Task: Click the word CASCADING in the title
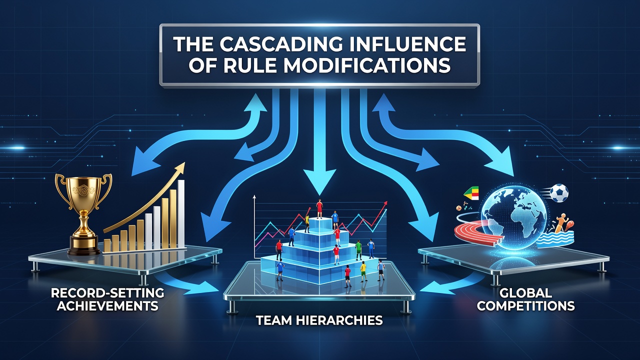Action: pyautogui.click(x=278, y=44)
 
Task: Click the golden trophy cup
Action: pyautogui.click(x=83, y=214)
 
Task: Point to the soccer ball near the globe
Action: pyautogui.click(x=559, y=193)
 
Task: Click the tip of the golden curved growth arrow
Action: pyautogui.click(x=183, y=163)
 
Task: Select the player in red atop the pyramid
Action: pyautogui.click(x=319, y=208)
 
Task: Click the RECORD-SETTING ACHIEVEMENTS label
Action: pyautogui.click(x=107, y=299)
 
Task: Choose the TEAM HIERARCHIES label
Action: pyautogui.click(x=319, y=320)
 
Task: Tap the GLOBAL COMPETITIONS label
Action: pyautogui.click(x=525, y=299)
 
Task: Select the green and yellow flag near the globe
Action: pyautogui.click(x=471, y=194)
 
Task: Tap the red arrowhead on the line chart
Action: pyautogui.click(x=385, y=203)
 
